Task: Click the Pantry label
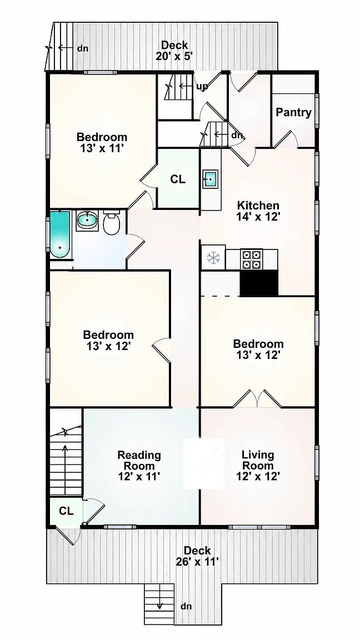point(293,112)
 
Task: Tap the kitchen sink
point(210,179)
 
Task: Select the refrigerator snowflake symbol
point(213,257)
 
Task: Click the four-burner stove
point(251,259)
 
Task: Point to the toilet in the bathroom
point(111,223)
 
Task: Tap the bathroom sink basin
point(87,221)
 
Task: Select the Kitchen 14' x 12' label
point(258,211)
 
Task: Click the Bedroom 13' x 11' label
point(102,142)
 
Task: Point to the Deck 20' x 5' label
point(174,51)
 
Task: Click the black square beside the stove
point(259,282)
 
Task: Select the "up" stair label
point(202,87)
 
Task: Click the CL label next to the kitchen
point(178,179)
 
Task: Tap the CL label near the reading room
point(66,511)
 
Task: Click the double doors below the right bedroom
point(257,399)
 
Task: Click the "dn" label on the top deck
point(83,48)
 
